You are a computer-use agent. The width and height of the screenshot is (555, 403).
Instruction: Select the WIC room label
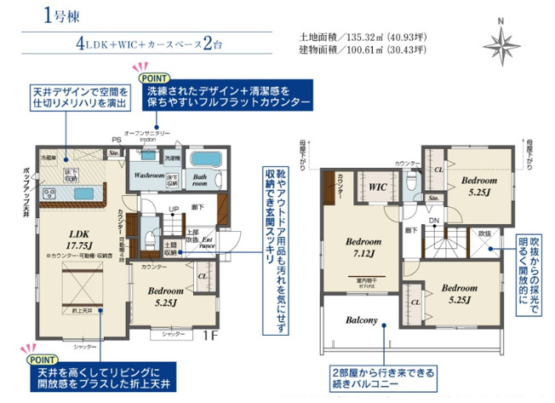pyautogui.click(x=377, y=184)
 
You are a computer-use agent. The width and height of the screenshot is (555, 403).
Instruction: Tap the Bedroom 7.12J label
pyautogui.click(x=357, y=245)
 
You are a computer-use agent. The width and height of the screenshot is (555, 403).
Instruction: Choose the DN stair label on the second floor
pyautogui.click(x=433, y=220)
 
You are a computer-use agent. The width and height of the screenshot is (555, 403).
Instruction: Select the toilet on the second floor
pyautogui.click(x=410, y=181)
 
